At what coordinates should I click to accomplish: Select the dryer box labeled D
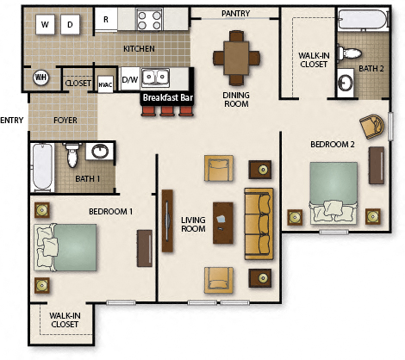point(69,24)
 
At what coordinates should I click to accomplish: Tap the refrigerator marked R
point(106,19)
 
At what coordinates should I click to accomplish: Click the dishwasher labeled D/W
point(129,80)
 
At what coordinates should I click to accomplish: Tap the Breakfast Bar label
point(168,98)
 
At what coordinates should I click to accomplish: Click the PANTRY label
point(235,13)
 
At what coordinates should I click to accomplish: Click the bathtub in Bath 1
point(41,168)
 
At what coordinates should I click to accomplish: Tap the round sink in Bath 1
point(101,152)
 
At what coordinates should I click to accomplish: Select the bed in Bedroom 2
point(333,193)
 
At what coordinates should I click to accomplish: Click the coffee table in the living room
point(224,223)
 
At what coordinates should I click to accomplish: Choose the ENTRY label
point(11,120)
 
